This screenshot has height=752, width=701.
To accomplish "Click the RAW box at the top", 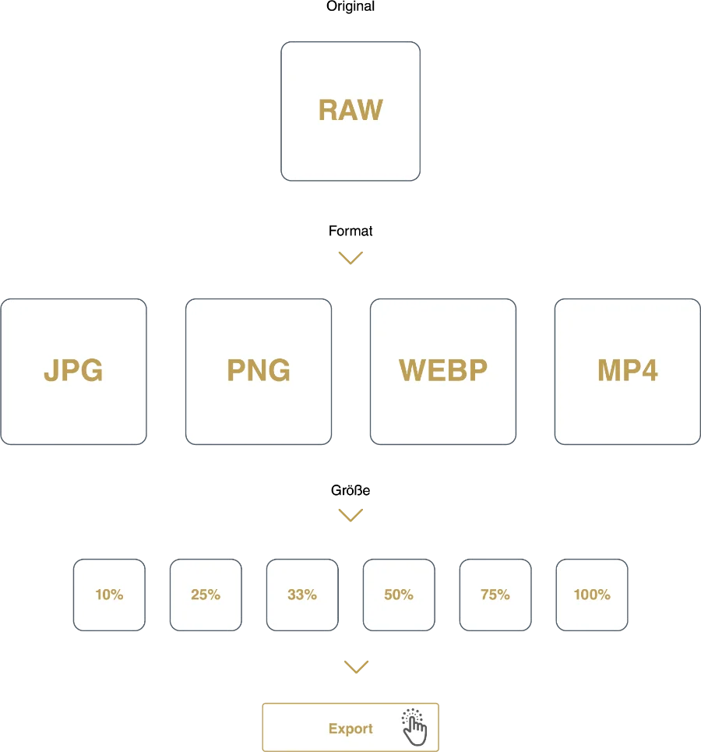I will (350, 111).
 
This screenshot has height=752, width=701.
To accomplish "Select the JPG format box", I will (74, 372).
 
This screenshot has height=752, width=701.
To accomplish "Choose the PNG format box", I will (259, 372).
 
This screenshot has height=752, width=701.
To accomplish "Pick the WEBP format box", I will (442, 372).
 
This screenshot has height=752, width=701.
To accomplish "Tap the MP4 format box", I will (627, 372).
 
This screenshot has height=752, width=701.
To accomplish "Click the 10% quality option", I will (109, 595).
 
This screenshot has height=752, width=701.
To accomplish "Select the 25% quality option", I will (206, 595).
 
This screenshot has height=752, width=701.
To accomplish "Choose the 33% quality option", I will (302, 595).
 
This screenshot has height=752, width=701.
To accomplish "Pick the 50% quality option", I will (399, 595).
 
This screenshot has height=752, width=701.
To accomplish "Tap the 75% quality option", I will (495, 595).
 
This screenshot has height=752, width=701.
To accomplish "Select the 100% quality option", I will (592, 595).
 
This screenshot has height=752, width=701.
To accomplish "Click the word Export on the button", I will (350, 729).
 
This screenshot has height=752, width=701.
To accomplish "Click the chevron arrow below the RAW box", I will (350, 258).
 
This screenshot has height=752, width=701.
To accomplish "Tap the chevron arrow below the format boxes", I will (350, 514).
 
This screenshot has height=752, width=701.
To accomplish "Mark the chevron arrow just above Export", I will (358, 666).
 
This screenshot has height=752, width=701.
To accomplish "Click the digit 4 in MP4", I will (647, 371).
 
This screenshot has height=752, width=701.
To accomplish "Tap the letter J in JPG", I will (51, 371).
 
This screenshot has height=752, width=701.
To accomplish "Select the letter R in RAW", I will (328, 111).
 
